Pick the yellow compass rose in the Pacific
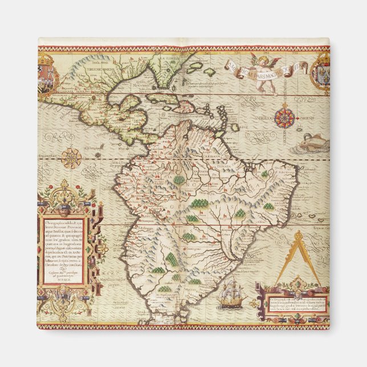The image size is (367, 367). [x=71, y=157]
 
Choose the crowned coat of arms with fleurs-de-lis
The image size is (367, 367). [x=321, y=71]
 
